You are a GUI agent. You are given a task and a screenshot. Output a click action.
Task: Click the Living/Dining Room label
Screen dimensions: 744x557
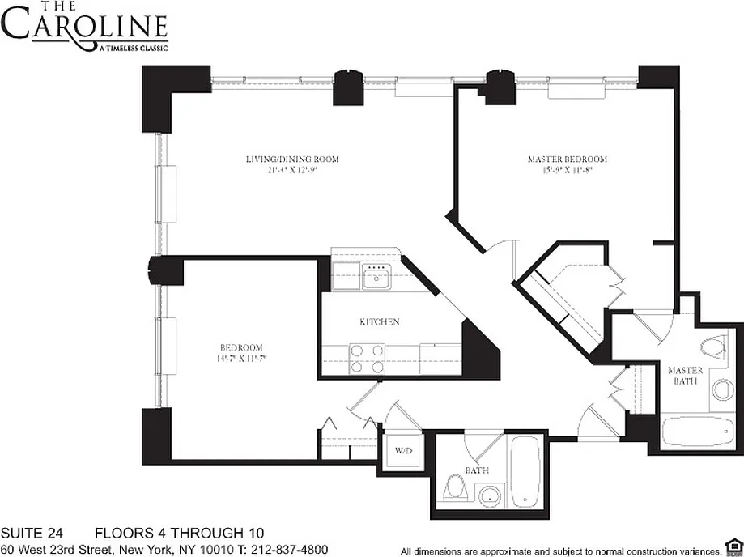[x=292, y=159]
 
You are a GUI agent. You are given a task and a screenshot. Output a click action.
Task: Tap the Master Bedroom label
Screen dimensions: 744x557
[x=568, y=159]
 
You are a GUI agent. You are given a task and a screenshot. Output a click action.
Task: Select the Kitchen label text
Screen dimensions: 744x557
[x=380, y=321]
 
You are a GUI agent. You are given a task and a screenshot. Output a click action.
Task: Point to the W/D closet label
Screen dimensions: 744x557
[x=403, y=450]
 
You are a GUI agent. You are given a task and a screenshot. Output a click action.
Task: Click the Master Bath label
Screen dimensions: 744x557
[x=685, y=376]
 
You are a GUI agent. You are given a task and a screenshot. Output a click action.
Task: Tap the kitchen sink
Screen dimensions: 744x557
[x=376, y=277]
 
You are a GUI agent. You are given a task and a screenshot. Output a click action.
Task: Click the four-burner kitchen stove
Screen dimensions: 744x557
[x=367, y=359]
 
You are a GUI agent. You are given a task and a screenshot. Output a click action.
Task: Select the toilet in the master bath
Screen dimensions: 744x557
[x=715, y=346]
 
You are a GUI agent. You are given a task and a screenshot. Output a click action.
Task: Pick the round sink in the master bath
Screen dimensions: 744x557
[x=722, y=389]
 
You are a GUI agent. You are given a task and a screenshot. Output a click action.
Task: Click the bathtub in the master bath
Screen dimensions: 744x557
[x=698, y=432]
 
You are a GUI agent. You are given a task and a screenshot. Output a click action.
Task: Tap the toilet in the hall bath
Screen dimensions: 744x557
[x=456, y=488]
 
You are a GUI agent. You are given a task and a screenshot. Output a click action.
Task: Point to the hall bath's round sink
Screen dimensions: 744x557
[x=489, y=496]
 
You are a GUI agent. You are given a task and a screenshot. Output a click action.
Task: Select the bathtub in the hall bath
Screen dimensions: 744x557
[x=525, y=471]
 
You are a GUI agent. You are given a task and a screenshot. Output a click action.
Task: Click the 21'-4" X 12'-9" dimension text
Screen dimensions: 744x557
[x=292, y=169]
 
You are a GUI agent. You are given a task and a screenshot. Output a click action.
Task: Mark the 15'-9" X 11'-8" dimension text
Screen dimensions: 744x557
[x=568, y=169]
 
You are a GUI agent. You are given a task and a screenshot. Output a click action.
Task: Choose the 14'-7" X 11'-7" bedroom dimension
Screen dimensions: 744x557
[x=241, y=358]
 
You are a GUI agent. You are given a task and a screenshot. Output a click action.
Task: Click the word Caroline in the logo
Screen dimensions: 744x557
[x=84, y=28]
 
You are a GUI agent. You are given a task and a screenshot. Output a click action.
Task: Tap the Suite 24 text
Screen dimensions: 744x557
[x=32, y=533]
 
